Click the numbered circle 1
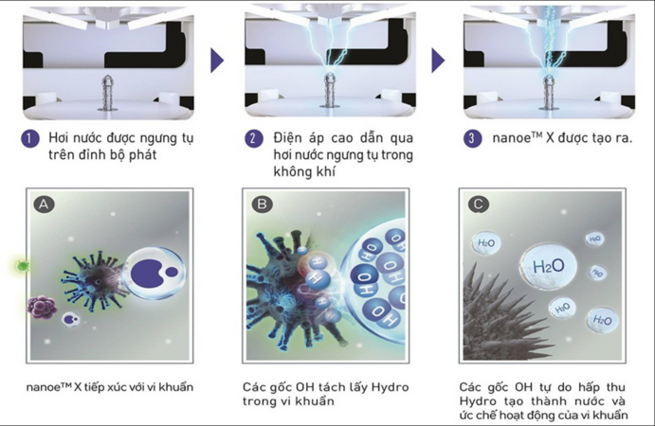[x=30, y=138]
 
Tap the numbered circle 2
[x=254, y=138]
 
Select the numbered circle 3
[x=472, y=138]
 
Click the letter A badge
[x=44, y=204]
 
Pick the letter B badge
[x=262, y=204]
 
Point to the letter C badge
[x=479, y=204]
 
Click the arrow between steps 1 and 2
[x=217, y=61]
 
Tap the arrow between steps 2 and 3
[x=438, y=61]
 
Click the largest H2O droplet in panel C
[x=548, y=266]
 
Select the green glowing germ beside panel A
[x=22, y=265]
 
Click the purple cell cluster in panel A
[x=42, y=307]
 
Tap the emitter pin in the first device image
[x=108, y=93]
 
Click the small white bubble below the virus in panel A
[x=70, y=320]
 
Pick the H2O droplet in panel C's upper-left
[x=486, y=243]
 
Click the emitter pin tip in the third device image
[x=548, y=77]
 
